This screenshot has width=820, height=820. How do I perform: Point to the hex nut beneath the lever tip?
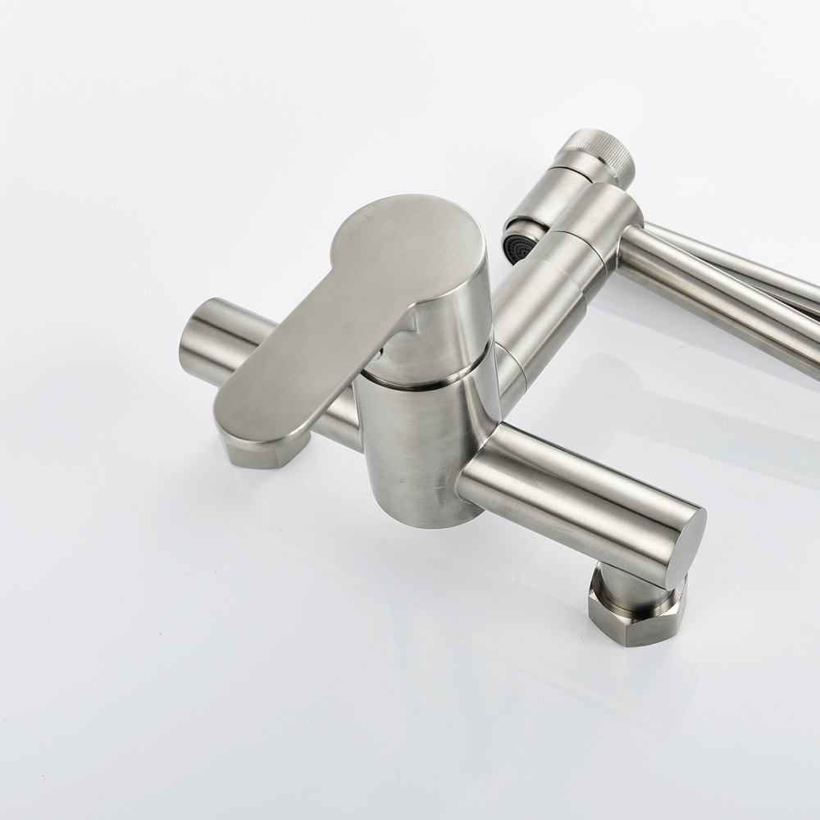(263, 449)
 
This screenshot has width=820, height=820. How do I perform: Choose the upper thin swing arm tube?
(738, 254)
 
